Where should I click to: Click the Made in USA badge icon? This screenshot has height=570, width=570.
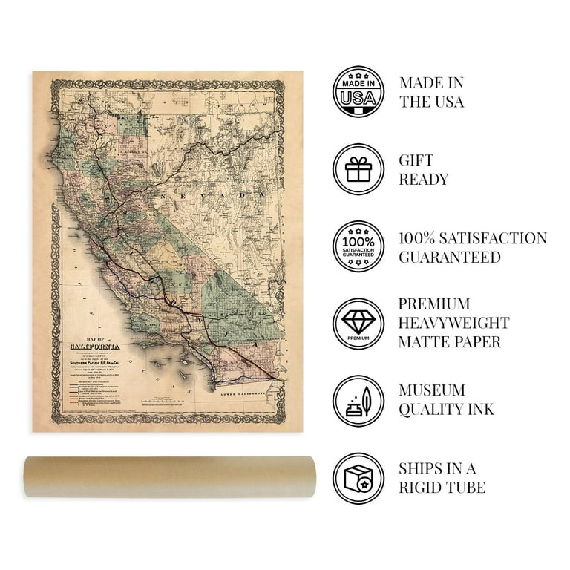click(358, 92)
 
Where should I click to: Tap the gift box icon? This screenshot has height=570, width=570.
click(358, 169)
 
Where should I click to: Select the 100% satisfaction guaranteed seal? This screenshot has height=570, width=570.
click(358, 246)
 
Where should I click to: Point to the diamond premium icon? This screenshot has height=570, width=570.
click(358, 324)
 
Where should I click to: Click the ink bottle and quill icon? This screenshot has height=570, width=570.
click(358, 400)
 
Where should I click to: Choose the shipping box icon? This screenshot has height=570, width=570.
click(358, 477)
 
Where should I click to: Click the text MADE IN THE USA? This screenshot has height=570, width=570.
click(432, 92)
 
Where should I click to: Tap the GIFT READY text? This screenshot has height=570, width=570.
click(424, 169)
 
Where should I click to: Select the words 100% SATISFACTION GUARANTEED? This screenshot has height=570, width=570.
click(473, 247)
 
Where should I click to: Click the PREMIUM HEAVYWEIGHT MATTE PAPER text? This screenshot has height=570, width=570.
click(453, 323)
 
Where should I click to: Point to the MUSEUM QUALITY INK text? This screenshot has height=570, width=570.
click(446, 399)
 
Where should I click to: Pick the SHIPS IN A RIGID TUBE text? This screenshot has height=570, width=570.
click(442, 477)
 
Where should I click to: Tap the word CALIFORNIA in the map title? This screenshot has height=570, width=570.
click(98, 345)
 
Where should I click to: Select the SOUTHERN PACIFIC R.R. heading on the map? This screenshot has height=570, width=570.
click(97, 363)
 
